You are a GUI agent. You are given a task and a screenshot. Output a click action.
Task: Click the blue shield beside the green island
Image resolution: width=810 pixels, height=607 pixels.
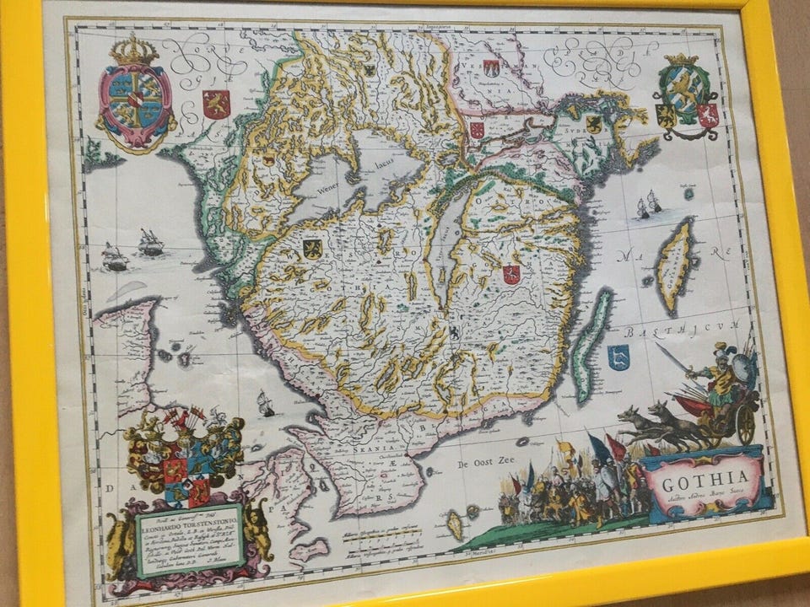point(619,357)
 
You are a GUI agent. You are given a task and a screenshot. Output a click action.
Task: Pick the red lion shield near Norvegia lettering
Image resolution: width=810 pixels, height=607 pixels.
point(216,104)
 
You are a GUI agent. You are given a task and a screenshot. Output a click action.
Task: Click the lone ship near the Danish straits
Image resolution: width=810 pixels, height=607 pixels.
point(267,404)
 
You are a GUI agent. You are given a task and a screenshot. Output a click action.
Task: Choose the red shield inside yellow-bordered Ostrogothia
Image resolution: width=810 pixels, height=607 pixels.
point(510,273)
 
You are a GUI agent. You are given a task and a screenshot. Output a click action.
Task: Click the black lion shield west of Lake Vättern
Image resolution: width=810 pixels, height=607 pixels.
point(312,248)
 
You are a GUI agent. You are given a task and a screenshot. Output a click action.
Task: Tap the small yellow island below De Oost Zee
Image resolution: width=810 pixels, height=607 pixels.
point(456,525)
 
